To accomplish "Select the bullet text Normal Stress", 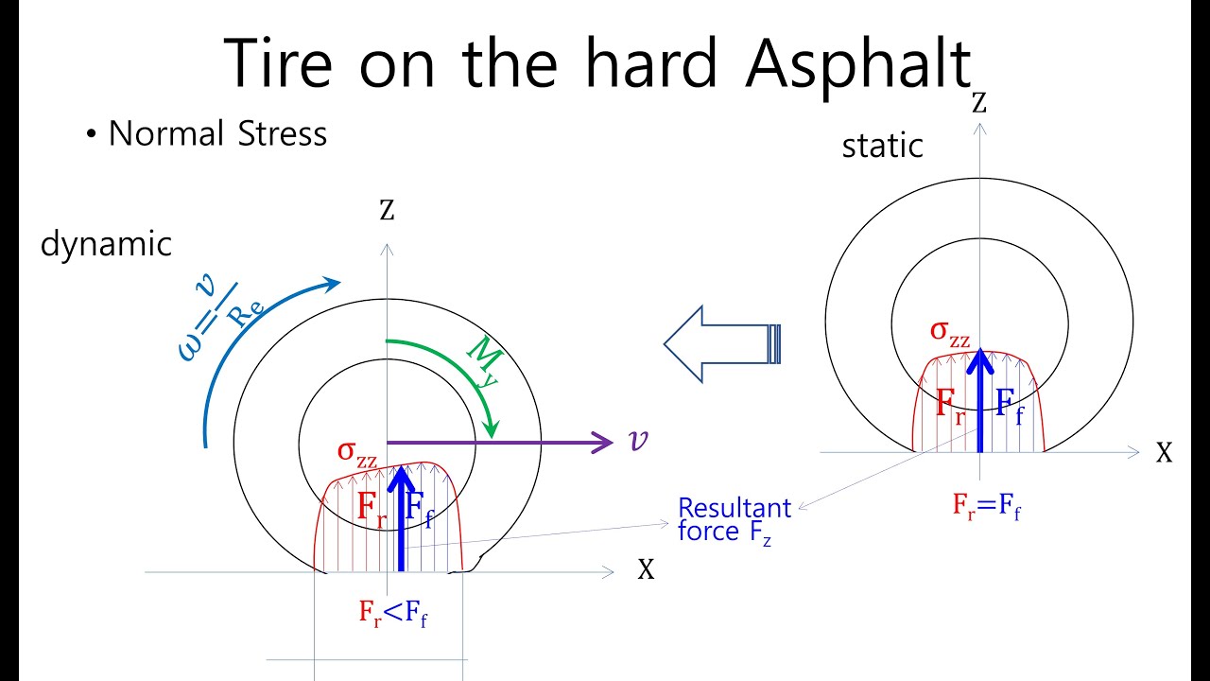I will [217, 134].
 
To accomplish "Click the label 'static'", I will [882, 147].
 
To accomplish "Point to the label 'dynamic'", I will [106, 244].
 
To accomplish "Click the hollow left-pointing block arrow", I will [723, 343].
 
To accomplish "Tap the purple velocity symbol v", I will [637, 441].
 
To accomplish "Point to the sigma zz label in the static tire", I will [950, 333].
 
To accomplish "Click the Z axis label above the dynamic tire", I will [386, 209].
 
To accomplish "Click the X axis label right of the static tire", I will [1164, 453].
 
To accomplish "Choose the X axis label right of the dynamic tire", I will [646, 569].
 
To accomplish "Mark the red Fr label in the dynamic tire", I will [371, 508].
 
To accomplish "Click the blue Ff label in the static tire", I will [1008, 408].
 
